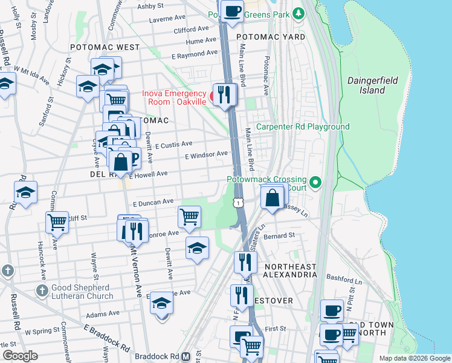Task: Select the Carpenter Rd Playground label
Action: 303,126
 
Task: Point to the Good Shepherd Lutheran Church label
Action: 74,292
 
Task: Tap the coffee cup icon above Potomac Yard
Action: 232,10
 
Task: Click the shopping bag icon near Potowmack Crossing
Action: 273,197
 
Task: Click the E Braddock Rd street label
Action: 107,338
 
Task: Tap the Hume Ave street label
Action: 201,41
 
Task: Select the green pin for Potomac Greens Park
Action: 297,13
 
